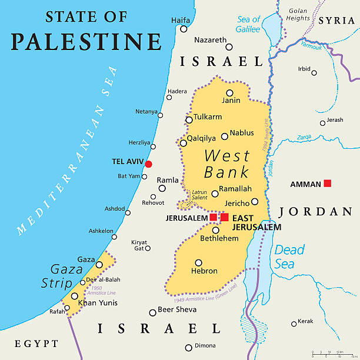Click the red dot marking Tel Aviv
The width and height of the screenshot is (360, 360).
(x=149, y=164)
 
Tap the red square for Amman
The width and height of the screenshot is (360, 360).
(x=328, y=184)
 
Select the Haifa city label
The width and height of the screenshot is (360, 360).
(x=181, y=20)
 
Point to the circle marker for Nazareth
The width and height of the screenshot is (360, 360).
(x=229, y=47)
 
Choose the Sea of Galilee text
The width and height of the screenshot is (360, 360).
(x=248, y=24)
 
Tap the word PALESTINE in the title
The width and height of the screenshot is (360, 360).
(x=86, y=42)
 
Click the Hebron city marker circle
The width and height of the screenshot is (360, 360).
(x=199, y=263)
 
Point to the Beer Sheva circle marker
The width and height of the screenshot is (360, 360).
(x=152, y=313)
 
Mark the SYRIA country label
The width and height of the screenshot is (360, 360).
(x=337, y=21)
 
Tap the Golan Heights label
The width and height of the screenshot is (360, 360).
(x=298, y=14)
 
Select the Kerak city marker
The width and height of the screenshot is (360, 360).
(x=294, y=324)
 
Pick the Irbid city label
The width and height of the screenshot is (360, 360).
(x=304, y=69)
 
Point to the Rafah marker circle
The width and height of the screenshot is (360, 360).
(x=67, y=307)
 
